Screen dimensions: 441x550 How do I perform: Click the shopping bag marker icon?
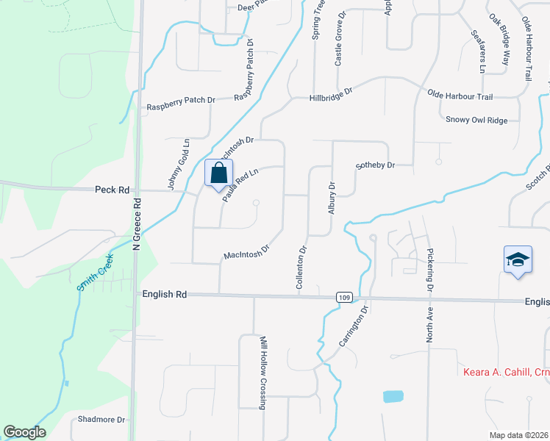coord(218,174)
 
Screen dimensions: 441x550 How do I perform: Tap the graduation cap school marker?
coord(518,260)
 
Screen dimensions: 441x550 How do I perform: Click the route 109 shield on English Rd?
coord(344,297)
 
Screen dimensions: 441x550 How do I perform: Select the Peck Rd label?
coord(112,190)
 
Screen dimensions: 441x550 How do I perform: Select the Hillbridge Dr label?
coord(331,93)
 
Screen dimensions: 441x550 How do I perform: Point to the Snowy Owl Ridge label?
coord(476,119)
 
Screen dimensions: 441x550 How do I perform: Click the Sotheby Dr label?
coord(375,165)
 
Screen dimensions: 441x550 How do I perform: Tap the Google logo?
coord(24,432)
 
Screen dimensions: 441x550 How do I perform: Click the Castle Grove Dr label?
coord(340,39)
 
